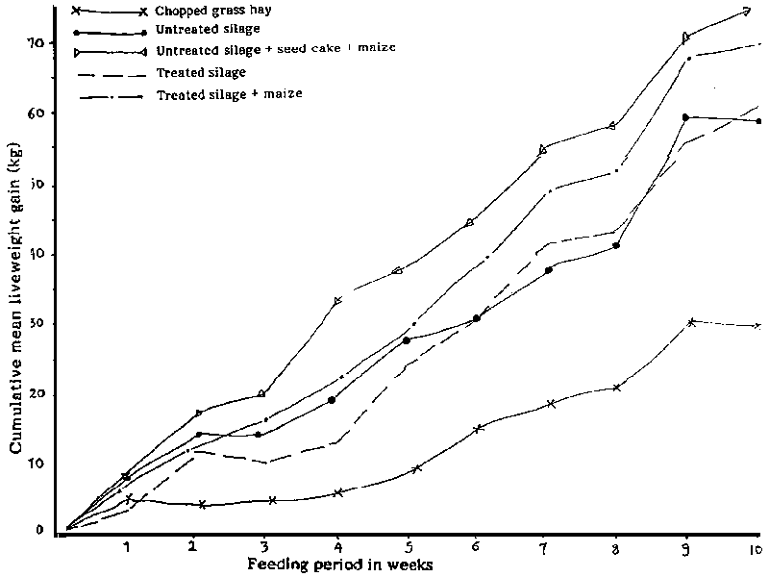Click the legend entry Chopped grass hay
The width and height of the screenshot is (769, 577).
(x=206, y=12)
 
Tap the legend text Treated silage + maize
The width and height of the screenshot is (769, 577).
(x=230, y=93)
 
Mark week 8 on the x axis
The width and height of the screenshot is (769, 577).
(x=616, y=547)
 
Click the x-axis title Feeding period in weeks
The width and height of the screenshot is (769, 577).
(x=340, y=564)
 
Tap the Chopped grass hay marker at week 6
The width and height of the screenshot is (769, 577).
(x=478, y=429)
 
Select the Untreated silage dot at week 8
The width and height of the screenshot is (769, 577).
(x=615, y=245)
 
